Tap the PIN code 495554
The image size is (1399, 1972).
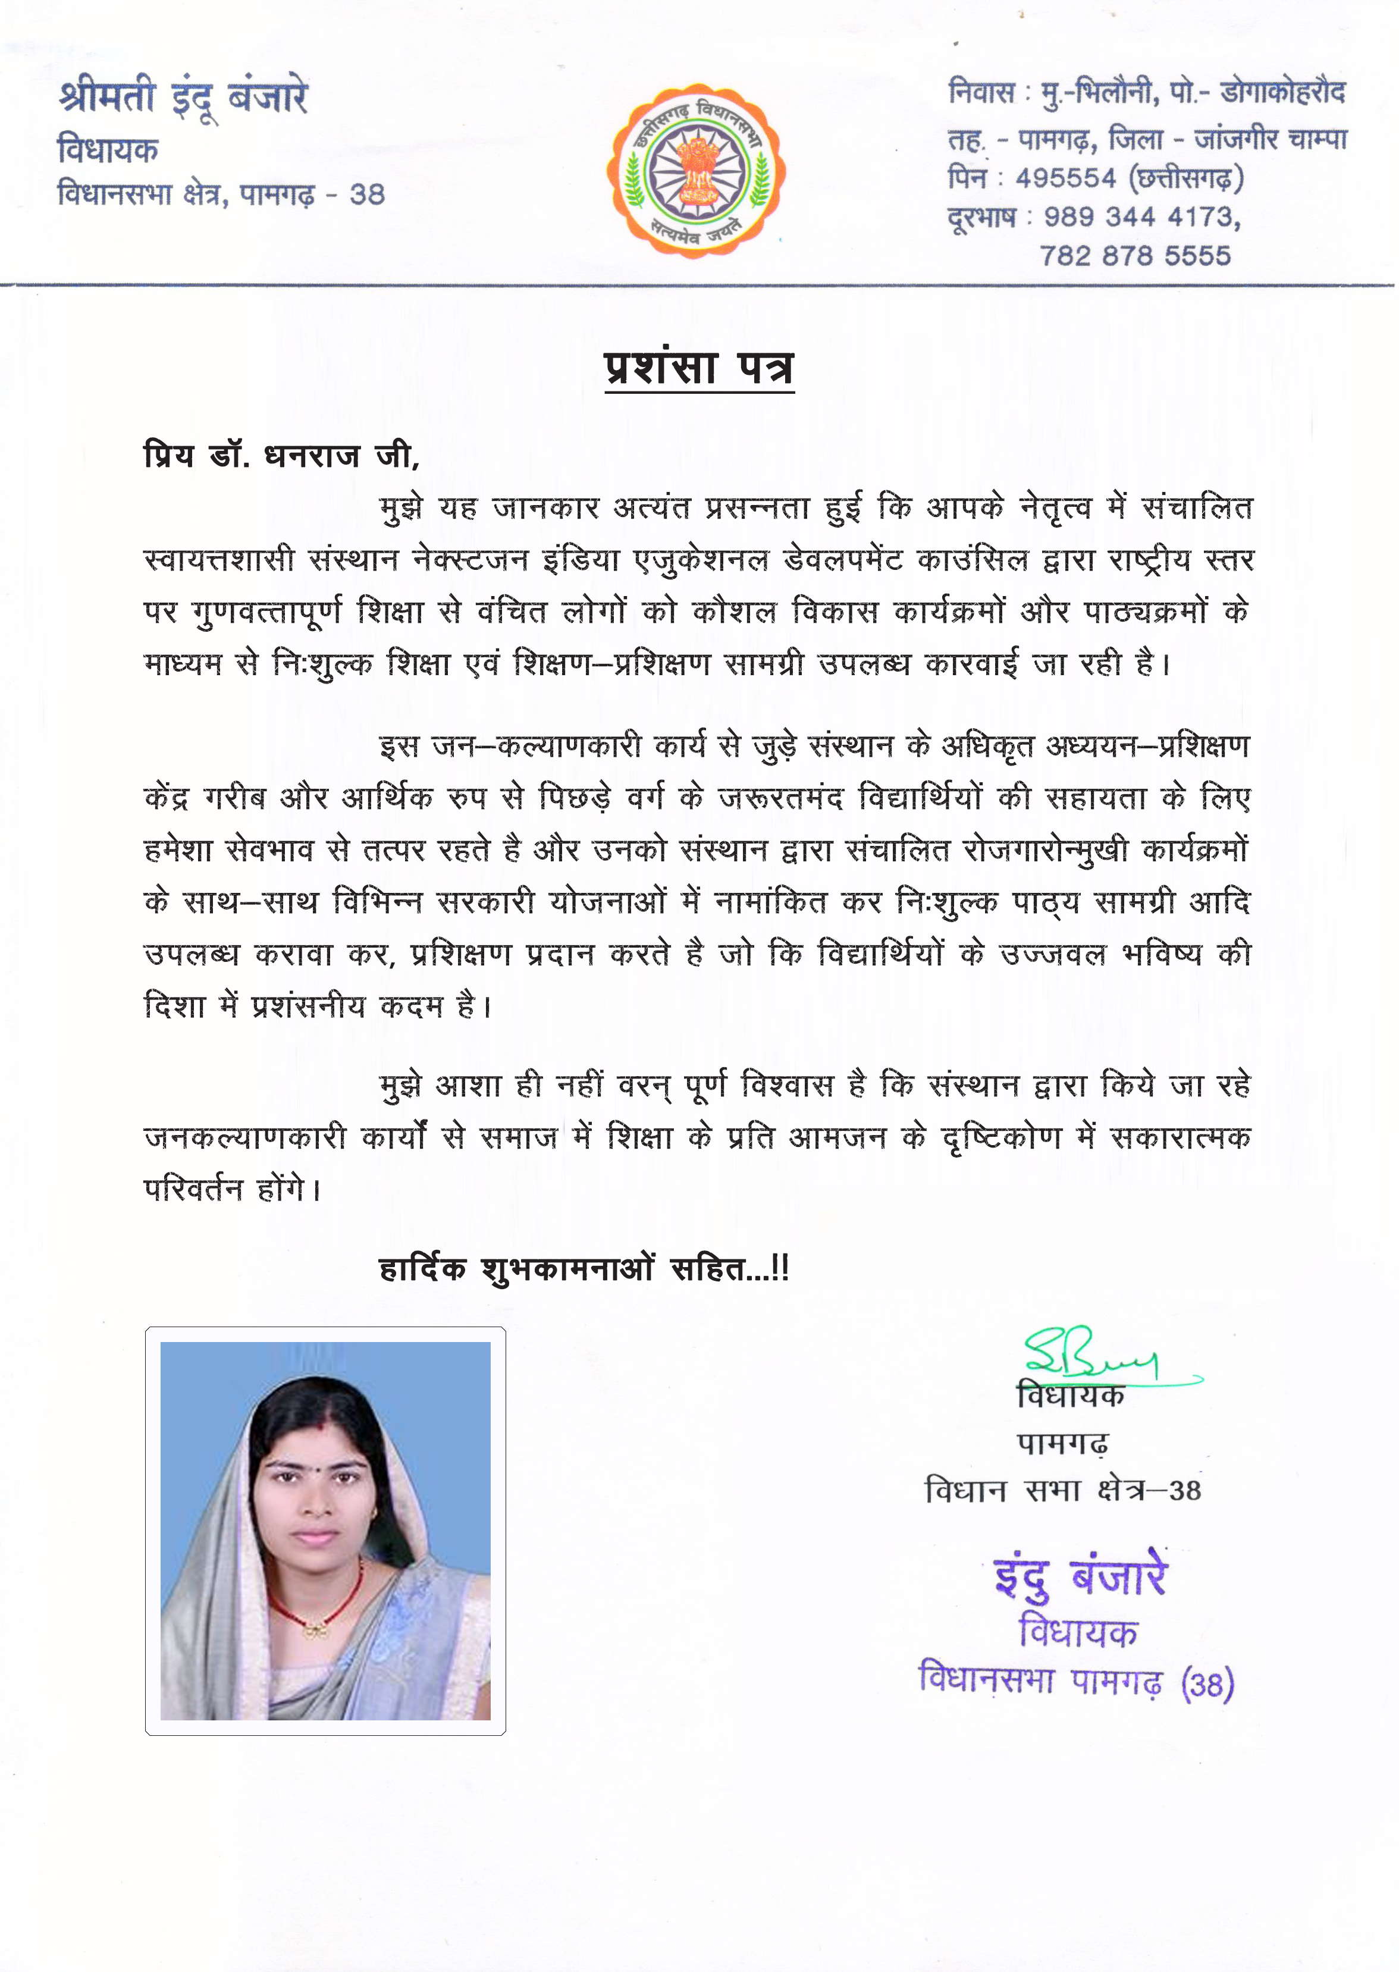[x=1066, y=178]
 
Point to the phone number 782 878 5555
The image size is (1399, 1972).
[x=1134, y=255]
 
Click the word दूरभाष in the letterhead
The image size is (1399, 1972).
[x=981, y=217]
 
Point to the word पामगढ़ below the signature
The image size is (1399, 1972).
[x=1063, y=1442]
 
